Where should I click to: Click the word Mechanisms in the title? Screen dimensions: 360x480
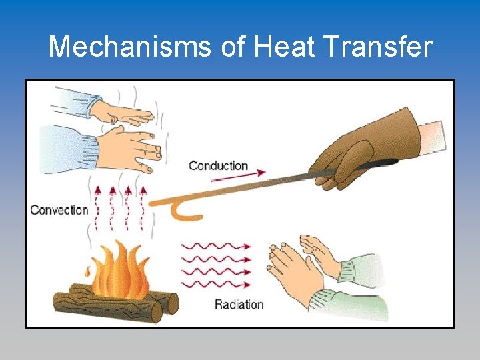(x=131, y=47)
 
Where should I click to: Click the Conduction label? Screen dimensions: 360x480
(x=218, y=165)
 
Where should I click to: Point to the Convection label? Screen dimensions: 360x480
(x=59, y=210)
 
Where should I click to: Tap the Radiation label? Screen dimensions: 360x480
(x=239, y=305)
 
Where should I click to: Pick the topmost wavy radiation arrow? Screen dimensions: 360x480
(x=217, y=245)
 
